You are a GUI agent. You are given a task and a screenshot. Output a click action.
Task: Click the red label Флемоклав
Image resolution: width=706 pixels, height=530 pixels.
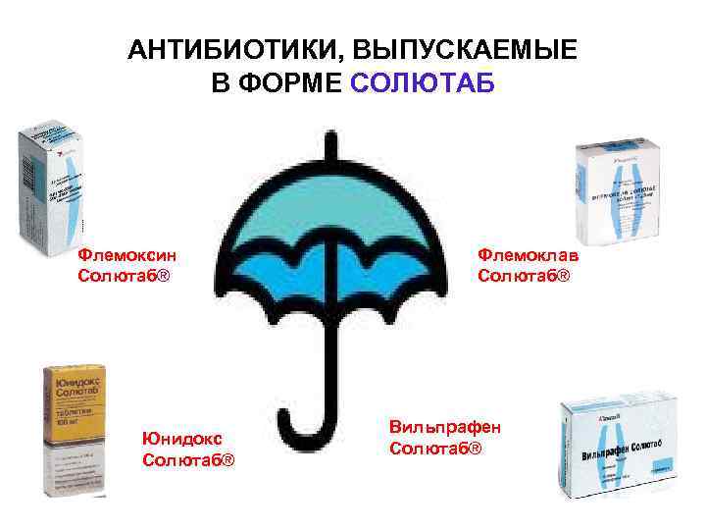click(x=528, y=255)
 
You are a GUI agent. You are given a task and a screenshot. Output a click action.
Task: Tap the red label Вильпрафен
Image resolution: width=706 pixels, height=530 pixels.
click(x=444, y=428)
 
